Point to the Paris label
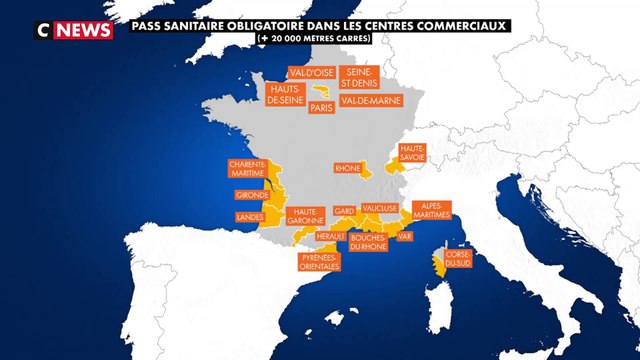click(321, 106)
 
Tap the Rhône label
click(349, 169)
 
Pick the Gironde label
click(250, 194)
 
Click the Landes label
click(249, 216)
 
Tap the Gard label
click(345, 210)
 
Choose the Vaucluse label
click(381, 207)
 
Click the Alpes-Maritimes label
click(431, 209)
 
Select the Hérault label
click(329, 236)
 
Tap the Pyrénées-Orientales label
click(320, 262)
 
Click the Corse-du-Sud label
click(458, 258)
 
